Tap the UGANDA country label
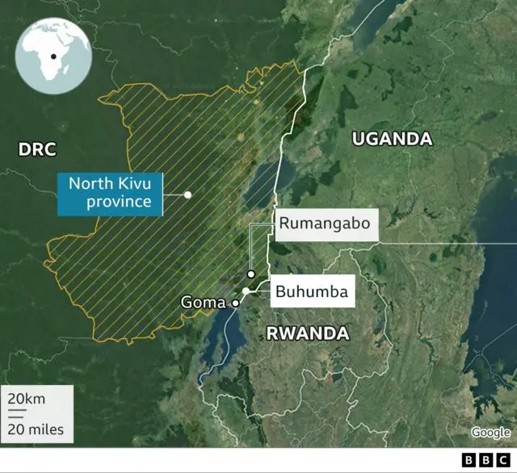pyautogui.click(x=392, y=139)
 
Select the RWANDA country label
pyautogui.click(x=308, y=333)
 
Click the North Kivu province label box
pyautogui.click(x=109, y=193)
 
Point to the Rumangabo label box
pyautogui.click(x=327, y=224)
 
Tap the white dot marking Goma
pyautogui.click(x=235, y=303)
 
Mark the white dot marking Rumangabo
pyautogui.click(x=251, y=274)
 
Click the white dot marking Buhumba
pyautogui.click(x=245, y=291)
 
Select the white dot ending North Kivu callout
pyautogui.click(x=187, y=195)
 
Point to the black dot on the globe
pyautogui.click(x=53, y=57)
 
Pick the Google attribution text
pyautogui.click(x=490, y=433)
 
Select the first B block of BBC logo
pyautogui.click(x=468, y=460)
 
